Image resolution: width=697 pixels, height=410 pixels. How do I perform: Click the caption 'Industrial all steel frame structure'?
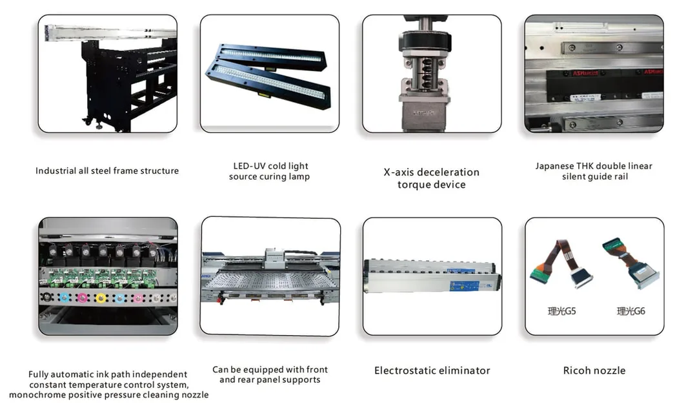click(107, 170)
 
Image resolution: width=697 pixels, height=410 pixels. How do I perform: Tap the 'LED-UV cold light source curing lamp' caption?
click(269, 171)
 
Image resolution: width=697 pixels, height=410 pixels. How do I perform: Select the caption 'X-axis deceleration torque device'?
click(432, 178)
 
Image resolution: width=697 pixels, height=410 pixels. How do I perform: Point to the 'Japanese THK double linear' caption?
click(594, 166)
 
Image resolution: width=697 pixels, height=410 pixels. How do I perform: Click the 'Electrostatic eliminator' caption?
click(432, 371)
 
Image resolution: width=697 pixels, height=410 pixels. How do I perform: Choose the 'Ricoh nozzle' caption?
click(594, 371)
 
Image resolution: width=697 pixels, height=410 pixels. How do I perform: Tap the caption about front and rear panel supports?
click(270, 374)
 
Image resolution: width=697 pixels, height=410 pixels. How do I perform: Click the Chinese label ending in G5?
click(562, 311)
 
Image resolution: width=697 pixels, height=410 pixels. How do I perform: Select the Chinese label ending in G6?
click(631, 311)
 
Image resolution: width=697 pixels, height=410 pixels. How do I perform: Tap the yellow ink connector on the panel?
click(101, 298)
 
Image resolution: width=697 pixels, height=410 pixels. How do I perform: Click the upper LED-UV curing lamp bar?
click(272, 57)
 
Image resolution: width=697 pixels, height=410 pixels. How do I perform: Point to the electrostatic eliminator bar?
click(432, 276)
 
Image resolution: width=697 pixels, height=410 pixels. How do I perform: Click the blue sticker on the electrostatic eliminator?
click(465, 285)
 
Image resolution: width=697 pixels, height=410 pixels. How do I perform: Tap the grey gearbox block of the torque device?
click(425, 114)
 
